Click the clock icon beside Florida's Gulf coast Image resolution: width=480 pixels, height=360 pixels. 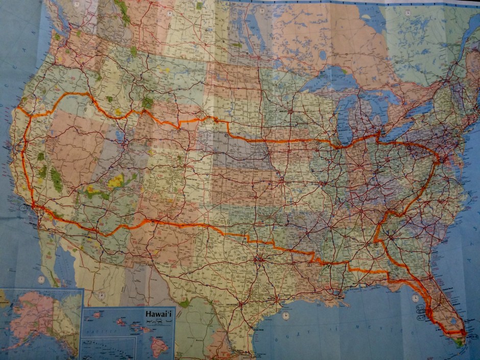tap(415, 298)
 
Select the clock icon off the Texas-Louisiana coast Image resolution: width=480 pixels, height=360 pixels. tap(285, 316)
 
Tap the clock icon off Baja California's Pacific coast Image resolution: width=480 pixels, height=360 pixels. tap(41, 279)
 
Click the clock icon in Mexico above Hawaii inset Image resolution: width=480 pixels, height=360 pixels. tap(101, 295)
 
